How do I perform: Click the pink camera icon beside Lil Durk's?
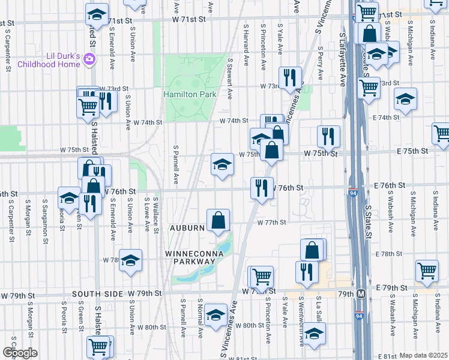pos(89,59)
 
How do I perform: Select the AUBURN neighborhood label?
pos(187,229)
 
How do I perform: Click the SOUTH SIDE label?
pos(97,294)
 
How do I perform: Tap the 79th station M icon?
pos(361,294)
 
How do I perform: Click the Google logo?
pos(19,352)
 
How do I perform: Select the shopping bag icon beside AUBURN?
pos(218,220)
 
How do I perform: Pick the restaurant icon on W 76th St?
pos(261,188)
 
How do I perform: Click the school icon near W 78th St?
pos(130,260)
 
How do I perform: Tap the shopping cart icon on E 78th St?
pos(427,271)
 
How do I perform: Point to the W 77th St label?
pos(272,222)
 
